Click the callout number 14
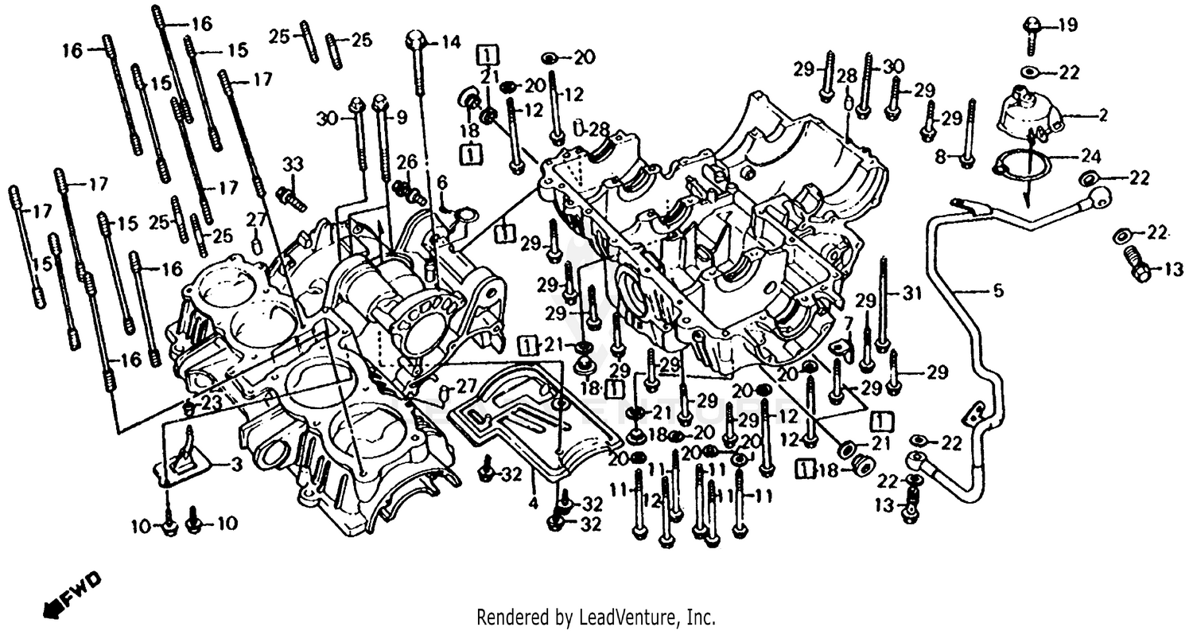point(451,42)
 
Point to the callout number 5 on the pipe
point(998,292)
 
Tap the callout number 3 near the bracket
point(235,466)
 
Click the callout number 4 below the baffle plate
point(534,504)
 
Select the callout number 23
point(211,403)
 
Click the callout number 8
point(941,158)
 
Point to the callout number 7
point(848,323)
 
